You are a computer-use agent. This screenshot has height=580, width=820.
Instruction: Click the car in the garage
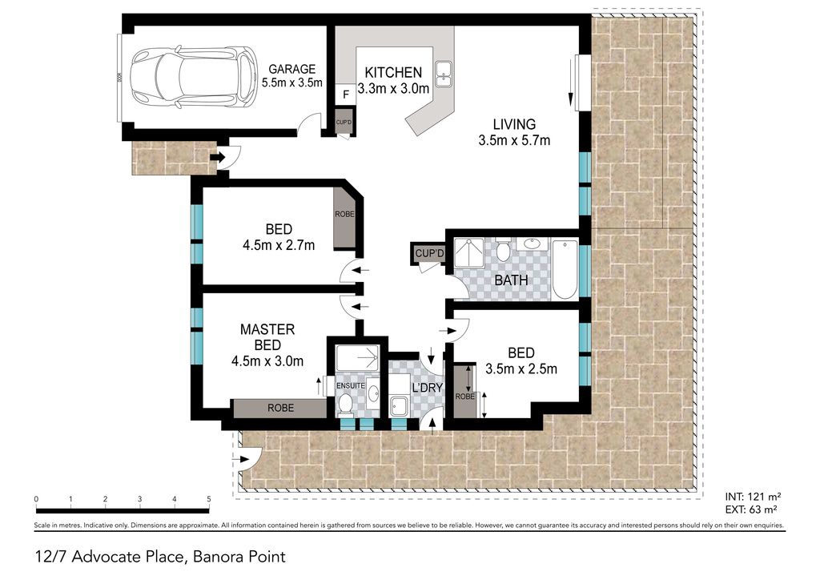point(194,78)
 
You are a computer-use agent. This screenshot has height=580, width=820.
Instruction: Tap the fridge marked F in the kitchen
point(345,95)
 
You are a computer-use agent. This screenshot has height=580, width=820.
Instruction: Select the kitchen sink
point(444,73)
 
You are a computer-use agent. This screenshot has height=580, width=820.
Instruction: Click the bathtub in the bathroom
point(565,269)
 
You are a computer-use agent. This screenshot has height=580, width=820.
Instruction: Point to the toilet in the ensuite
point(345,403)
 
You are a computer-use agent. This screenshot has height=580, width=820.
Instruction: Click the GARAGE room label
point(291,69)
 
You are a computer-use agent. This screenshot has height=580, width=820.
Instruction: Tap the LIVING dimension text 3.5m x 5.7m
point(514,140)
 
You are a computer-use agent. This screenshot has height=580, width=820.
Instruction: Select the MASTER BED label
point(267,337)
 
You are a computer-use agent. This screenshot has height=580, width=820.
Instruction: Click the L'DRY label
point(428,388)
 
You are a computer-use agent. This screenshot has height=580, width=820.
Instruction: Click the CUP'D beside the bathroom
point(429,254)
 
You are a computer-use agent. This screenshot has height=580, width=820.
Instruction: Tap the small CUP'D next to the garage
point(344,122)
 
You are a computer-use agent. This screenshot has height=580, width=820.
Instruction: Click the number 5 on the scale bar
point(209,499)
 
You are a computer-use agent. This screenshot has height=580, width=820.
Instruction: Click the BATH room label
point(511,280)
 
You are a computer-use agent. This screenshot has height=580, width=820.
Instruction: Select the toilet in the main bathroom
point(503,251)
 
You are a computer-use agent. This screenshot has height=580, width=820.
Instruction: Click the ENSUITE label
point(351,385)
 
